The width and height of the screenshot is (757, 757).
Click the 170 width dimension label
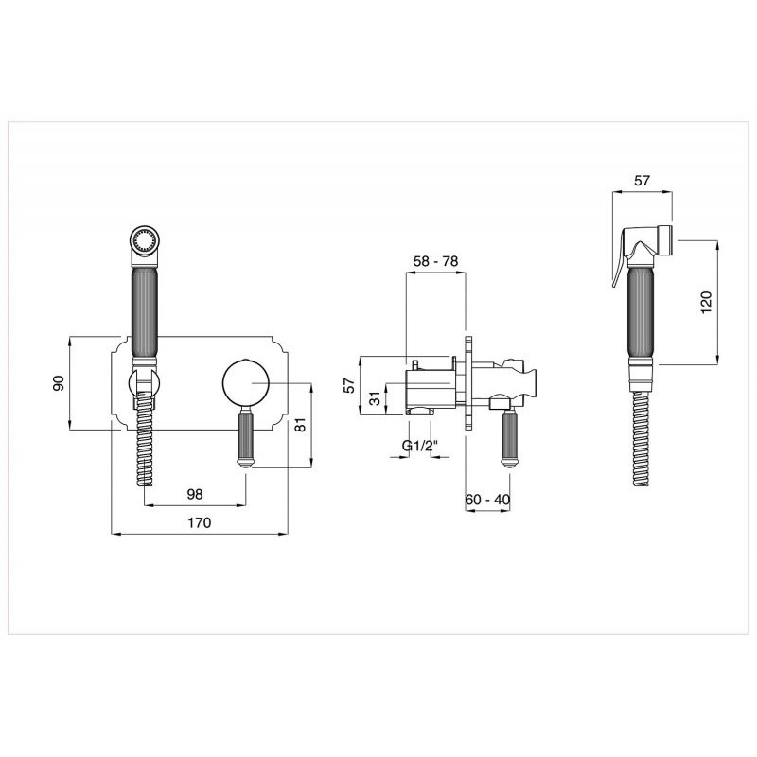tap(200, 522)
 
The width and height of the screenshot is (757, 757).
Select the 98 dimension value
tap(195, 494)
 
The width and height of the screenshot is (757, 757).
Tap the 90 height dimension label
tap(58, 383)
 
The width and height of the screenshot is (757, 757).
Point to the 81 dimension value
tap(300, 424)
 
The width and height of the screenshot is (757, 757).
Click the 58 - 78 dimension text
tap(436, 261)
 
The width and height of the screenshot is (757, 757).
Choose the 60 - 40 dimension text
tap(487, 500)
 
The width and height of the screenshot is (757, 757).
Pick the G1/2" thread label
tap(419, 446)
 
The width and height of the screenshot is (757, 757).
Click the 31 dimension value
tap(375, 398)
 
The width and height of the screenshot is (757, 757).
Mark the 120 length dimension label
tap(706, 303)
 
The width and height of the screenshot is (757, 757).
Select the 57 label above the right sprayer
tap(643, 181)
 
